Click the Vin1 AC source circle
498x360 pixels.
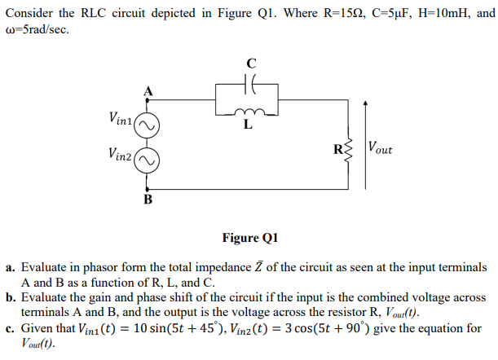click(147, 125)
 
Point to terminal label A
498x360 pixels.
click(148, 92)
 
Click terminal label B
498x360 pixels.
click(148, 198)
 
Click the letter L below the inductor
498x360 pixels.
click(249, 125)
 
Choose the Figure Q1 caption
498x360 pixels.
click(249, 238)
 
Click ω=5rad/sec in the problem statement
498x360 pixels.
click(42, 30)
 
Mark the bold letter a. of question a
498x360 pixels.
click(11, 267)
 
